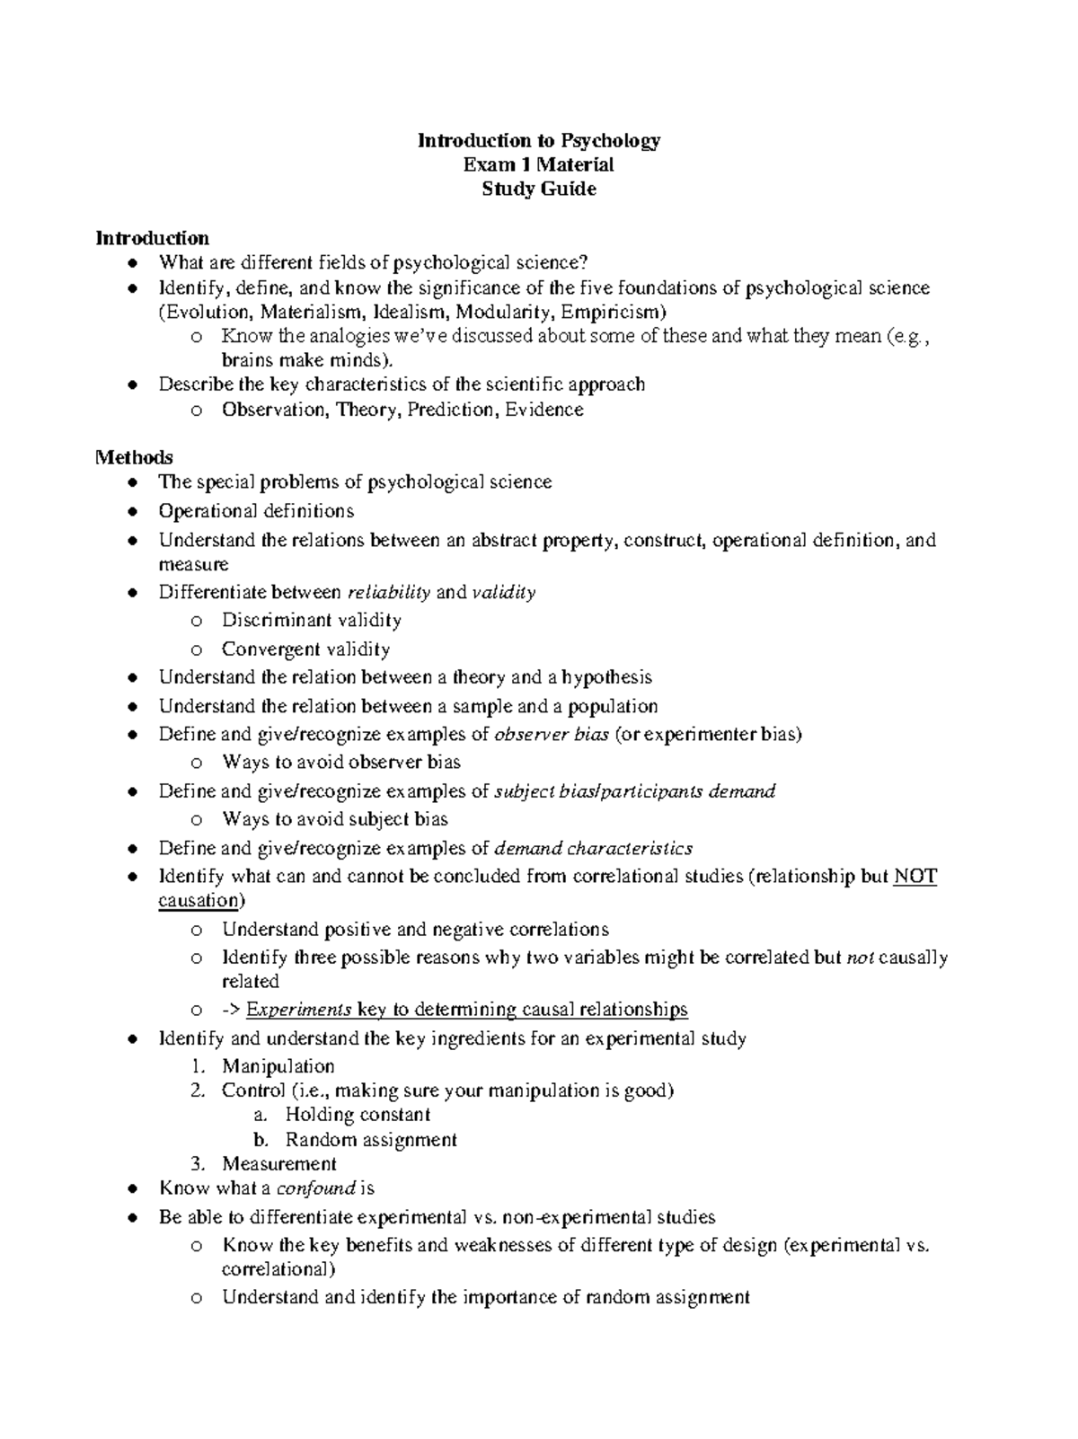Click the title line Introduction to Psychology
539,141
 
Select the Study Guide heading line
539,190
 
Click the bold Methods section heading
134,457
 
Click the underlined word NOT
915,877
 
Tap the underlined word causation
199,901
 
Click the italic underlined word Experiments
298,1010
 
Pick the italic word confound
315,1188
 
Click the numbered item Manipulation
278,1067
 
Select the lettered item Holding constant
358,1116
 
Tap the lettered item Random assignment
371,1140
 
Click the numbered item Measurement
279,1164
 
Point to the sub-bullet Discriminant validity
312,621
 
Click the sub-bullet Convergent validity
305,649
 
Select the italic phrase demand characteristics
594,849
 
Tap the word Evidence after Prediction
544,410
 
